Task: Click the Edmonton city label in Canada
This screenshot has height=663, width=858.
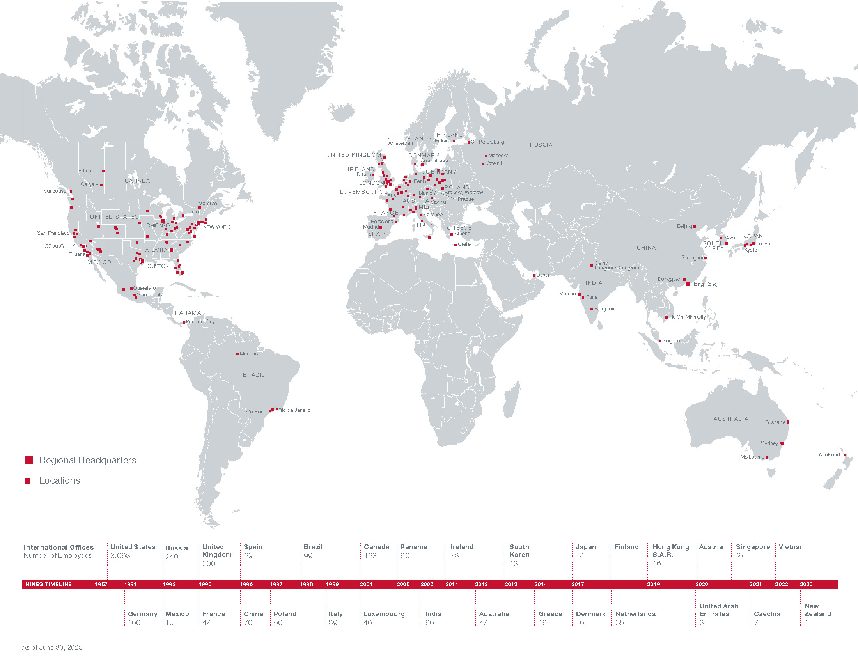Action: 90,171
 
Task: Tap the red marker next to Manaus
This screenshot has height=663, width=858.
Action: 237,354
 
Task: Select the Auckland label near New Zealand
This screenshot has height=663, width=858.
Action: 829,455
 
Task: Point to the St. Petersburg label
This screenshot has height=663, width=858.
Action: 487,142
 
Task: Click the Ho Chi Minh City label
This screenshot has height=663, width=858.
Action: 688,317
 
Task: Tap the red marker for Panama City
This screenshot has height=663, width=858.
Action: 183,323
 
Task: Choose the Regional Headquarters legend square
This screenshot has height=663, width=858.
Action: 29,460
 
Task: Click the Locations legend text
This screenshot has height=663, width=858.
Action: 60,481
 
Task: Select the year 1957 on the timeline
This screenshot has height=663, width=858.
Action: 101,585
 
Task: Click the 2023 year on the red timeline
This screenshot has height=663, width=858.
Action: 806,585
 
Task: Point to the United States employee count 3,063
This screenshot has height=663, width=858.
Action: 120,556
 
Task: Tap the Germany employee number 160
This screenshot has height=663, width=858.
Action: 134,623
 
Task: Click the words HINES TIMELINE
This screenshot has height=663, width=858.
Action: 49,585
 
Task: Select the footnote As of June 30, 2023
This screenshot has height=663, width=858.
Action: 52,648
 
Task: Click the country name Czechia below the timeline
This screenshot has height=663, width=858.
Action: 767,614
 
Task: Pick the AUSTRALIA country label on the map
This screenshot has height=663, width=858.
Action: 731,419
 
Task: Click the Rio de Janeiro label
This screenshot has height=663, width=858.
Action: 294,410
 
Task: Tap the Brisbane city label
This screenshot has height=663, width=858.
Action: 775,423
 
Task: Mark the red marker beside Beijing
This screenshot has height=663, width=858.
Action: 694,227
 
